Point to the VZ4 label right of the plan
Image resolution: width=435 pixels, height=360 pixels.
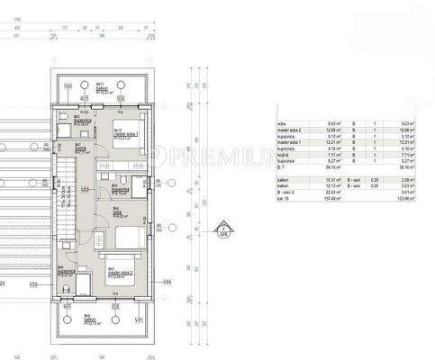[168, 282]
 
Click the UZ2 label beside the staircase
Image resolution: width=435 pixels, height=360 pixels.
[84, 189]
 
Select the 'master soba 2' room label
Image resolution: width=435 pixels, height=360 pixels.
[116, 270]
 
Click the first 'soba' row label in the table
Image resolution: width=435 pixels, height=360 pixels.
[282, 123]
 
